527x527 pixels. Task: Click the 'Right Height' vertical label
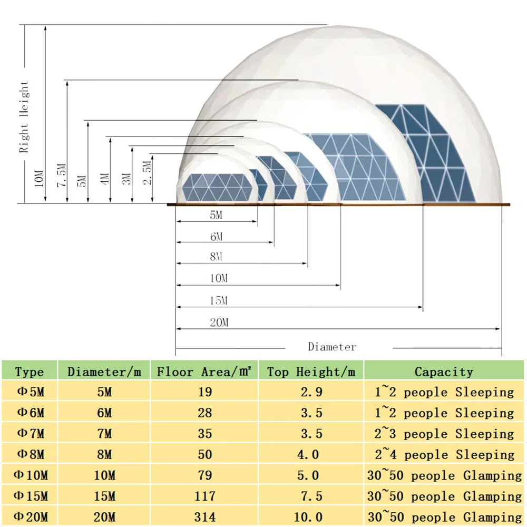click(x=24, y=117)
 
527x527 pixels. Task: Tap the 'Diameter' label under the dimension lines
click(x=332, y=347)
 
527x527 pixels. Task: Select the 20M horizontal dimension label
click(x=219, y=323)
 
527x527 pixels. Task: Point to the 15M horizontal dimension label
click(x=218, y=301)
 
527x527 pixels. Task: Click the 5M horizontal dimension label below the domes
click(x=217, y=216)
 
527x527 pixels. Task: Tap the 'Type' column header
click(x=30, y=372)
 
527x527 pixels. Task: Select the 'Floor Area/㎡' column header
click(x=204, y=372)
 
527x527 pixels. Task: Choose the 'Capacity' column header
click(x=444, y=372)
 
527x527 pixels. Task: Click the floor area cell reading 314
click(x=204, y=517)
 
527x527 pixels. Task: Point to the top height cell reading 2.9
click(x=311, y=392)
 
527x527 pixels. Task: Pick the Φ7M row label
click(x=30, y=434)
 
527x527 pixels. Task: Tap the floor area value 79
click(x=204, y=475)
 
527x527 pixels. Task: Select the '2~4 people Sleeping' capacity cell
click(x=444, y=454)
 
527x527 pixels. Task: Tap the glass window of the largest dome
click(x=422, y=153)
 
